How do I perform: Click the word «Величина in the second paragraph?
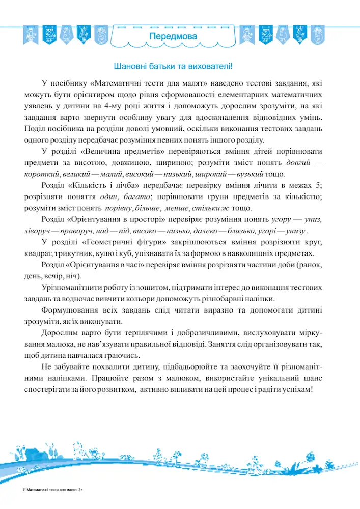point(101,152)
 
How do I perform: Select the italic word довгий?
point(299,163)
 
